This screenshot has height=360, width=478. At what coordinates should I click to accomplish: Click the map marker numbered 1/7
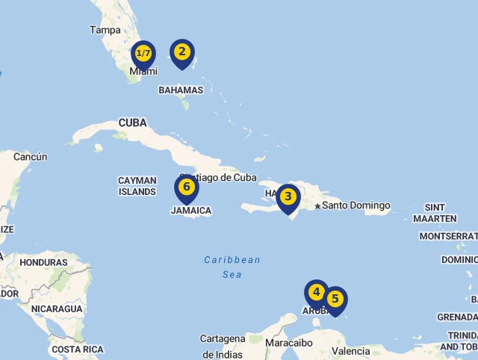pyautogui.click(x=143, y=54)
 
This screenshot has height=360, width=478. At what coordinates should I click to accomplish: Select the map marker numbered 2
pyautogui.click(x=181, y=52)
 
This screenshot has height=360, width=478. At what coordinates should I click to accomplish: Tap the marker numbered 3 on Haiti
pyautogui.click(x=288, y=197)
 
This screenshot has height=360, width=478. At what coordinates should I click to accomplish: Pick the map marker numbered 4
pyautogui.click(x=317, y=292)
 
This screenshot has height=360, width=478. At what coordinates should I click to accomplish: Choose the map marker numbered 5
pyautogui.click(x=335, y=300)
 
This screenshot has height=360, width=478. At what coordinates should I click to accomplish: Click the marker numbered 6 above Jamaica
pyautogui.click(x=187, y=187)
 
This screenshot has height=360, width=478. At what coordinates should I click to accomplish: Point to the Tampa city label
pyautogui.click(x=105, y=30)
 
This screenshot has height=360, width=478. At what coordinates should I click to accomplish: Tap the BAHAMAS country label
pyautogui.click(x=181, y=90)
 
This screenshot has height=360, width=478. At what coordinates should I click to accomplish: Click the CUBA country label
pyautogui.click(x=132, y=122)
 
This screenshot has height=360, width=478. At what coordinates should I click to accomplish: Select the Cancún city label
pyautogui.click(x=30, y=157)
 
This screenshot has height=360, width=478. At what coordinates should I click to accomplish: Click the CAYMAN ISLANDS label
pyautogui.click(x=137, y=186)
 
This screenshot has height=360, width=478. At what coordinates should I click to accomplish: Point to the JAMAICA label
pyautogui.click(x=190, y=211)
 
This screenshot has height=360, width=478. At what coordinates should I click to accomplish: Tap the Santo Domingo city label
pyautogui.click(x=356, y=205)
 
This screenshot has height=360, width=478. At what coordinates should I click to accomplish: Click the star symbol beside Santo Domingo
pyautogui.click(x=317, y=206)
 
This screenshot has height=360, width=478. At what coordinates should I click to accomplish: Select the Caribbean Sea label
pyautogui.click(x=232, y=267)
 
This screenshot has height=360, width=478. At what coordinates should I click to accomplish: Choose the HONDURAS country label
pyautogui.click(x=43, y=262)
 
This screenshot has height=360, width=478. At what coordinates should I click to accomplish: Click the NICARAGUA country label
pyautogui.click(x=57, y=308)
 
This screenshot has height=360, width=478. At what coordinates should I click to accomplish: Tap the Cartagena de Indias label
pyautogui.click(x=223, y=347)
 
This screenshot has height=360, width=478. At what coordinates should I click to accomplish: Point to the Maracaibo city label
pyautogui.click(x=289, y=343)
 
